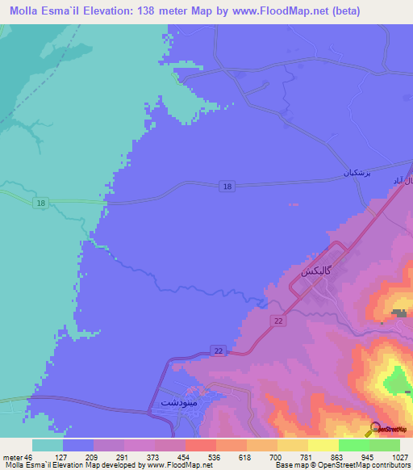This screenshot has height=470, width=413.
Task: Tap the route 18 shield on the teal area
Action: pos(40,204)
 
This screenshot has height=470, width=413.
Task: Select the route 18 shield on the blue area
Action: pos(227,187)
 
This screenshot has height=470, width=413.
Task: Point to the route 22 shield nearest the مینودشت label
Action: pos(218,350)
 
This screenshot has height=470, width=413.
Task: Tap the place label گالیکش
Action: pos(318,271)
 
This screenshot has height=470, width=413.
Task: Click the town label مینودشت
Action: pos(174,401)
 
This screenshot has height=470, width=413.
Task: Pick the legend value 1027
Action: pos(400,457)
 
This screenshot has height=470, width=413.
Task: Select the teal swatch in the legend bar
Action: pos(47,445)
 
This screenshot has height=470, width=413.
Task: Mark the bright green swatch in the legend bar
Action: pos(353,445)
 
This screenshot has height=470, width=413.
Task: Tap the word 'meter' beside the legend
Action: pos(13,457)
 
